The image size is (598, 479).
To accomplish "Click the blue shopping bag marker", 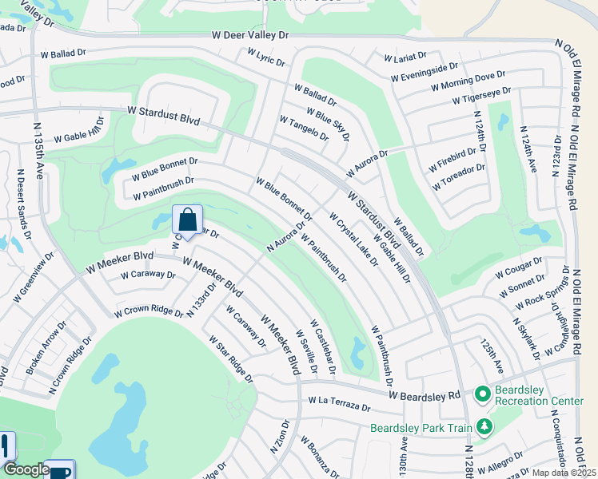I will (x=187, y=220).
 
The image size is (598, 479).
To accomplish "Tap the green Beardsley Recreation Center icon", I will (x=483, y=394).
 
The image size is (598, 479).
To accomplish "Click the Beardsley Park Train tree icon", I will (x=483, y=427).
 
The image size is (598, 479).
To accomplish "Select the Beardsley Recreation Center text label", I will (x=540, y=394).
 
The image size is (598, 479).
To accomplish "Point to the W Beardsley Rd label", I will (x=425, y=395).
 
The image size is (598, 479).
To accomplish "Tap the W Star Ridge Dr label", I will (x=231, y=358).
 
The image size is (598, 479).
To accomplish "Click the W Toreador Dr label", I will (x=459, y=177).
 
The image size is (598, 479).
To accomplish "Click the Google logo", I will (x=26, y=470).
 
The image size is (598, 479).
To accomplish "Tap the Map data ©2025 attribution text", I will (x=563, y=473).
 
